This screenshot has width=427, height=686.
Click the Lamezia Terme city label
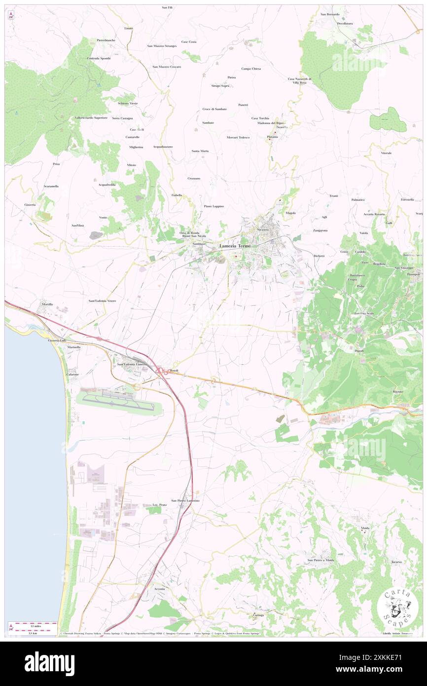(235, 246)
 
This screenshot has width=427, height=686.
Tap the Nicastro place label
(261, 230)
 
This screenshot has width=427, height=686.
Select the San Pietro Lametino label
(185, 500)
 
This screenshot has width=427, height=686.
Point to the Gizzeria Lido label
(57, 341)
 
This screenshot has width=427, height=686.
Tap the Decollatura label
(345, 24)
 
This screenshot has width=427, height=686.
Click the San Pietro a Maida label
(321, 560)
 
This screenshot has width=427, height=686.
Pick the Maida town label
(365, 528)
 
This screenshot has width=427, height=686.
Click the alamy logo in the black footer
(49, 663)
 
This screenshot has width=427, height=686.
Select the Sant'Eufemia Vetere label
(102, 301)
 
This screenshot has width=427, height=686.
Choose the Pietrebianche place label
(106, 40)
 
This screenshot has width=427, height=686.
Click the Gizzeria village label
(30, 204)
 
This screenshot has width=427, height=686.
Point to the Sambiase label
(199, 244)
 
